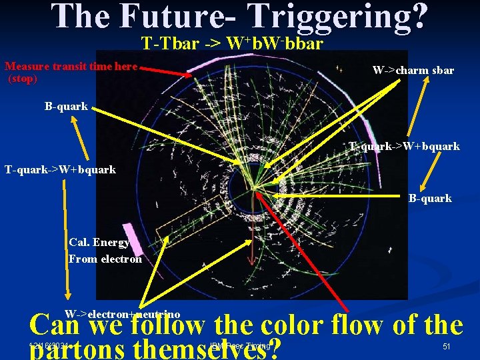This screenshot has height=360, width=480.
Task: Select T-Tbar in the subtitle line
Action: coord(164,45)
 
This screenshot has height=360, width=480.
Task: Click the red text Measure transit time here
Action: coord(71,67)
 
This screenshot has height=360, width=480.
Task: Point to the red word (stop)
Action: coord(23,79)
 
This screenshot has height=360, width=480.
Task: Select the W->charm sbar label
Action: coord(413,70)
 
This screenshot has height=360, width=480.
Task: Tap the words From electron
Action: coord(105,259)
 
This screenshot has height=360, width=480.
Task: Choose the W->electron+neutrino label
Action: coord(122,314)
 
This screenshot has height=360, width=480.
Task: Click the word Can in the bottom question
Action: coord(57,326)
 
